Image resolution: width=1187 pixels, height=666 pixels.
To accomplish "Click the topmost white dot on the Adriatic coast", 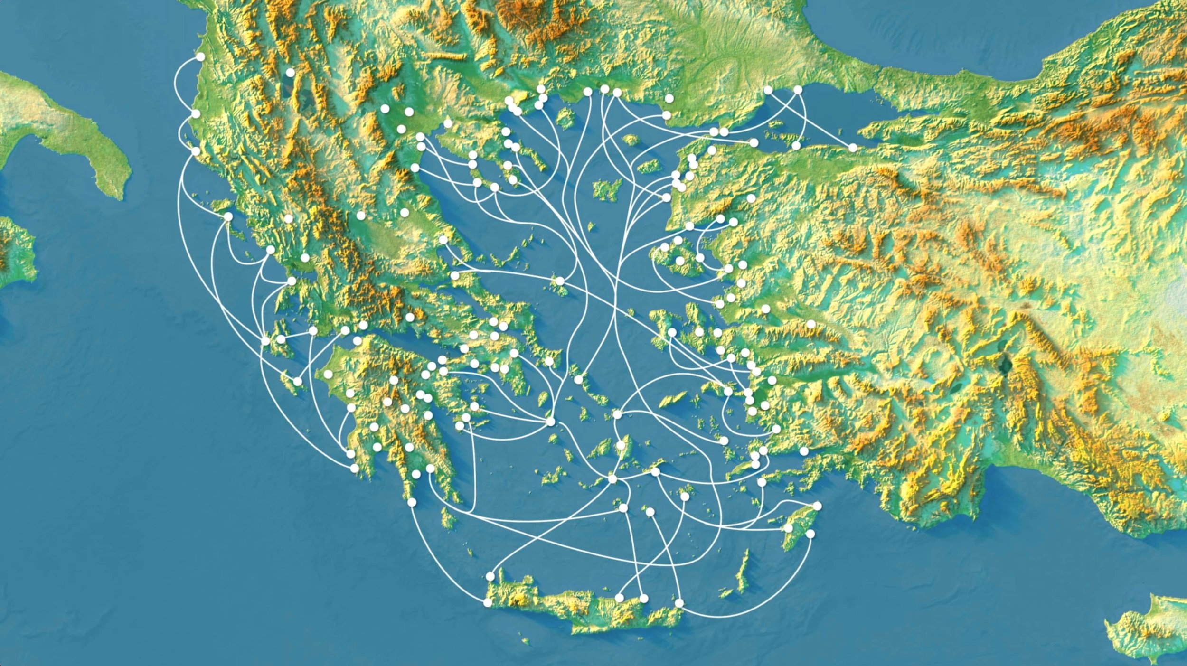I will pyautogui.click(x=200, y=57).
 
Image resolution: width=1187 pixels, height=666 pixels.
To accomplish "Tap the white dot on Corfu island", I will pyautogui.click(x=228, y=216).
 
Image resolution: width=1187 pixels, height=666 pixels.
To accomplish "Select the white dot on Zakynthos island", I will pyautogui.click(x=298, y=381).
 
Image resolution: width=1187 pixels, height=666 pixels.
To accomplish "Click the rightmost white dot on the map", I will pyautogui.click(x=853, y=148).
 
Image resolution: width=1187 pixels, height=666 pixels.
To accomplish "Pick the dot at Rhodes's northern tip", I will pyautogui.click(x=817, y=506).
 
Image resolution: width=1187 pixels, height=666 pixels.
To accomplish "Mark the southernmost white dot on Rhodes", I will pyautogui.click(x=810, y=534).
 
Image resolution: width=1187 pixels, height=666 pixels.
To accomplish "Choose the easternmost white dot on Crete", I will pyautogui.click(x=679, y=603).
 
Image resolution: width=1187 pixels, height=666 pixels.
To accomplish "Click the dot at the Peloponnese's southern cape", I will pyautogui.click(x=412, y=502).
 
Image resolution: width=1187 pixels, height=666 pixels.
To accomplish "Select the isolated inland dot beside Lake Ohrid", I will pyautogui.click(x=290, y=73).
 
